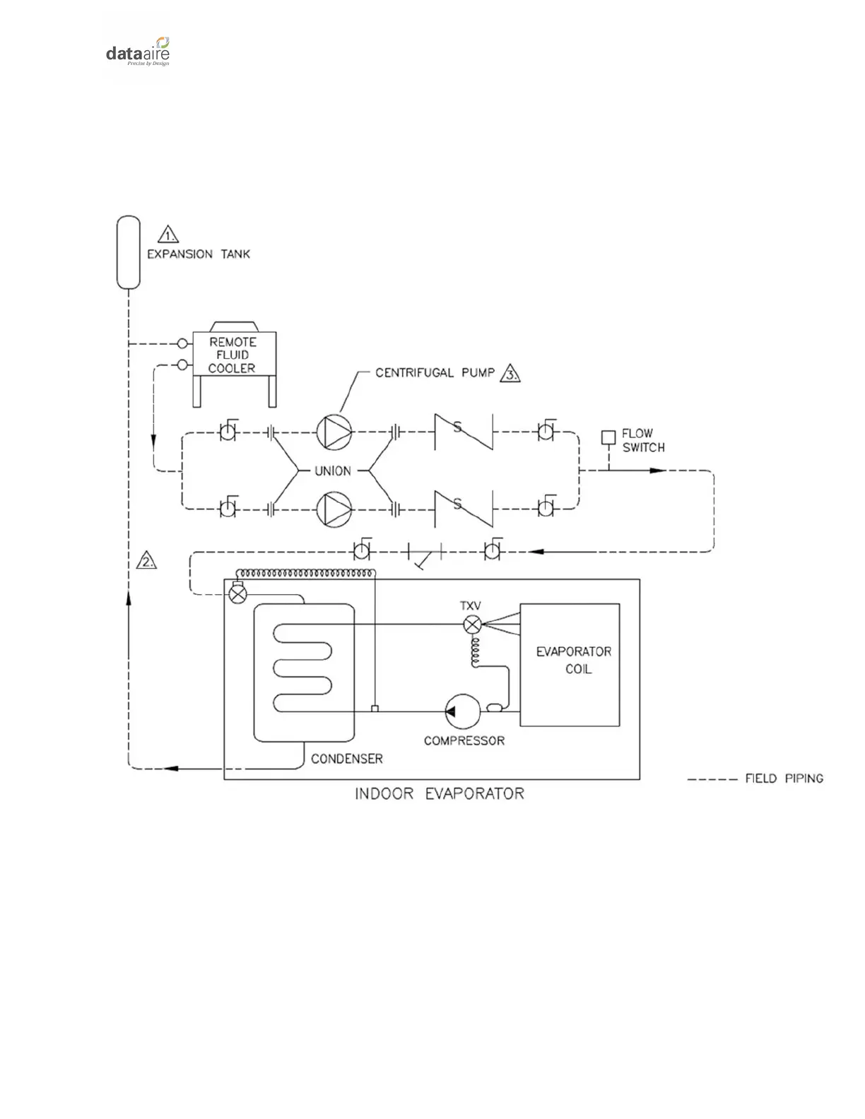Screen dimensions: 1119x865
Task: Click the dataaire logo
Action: (138, 52)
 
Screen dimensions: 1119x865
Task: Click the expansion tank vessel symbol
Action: (129, 252)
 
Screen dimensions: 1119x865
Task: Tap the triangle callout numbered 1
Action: (167, 235)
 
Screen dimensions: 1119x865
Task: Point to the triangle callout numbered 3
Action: (510, 373)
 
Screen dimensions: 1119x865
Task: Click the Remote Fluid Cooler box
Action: (234, 355)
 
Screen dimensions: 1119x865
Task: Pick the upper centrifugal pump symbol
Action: (333, 432)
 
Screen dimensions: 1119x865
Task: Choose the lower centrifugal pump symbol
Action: (333, 509)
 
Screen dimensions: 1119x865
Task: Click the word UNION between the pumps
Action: (332, 470)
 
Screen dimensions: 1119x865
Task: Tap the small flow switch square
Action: (608, 438)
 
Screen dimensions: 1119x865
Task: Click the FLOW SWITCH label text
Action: (643, 440)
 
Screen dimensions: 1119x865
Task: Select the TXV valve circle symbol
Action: (472, 624)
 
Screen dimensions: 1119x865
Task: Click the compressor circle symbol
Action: (463, 711)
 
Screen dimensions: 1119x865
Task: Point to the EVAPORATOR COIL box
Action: (570, 664)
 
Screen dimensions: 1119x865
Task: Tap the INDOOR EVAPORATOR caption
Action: (439, 794)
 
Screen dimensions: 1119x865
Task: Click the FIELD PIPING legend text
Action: (784, 778)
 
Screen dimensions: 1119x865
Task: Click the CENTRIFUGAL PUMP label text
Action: (435, 372)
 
